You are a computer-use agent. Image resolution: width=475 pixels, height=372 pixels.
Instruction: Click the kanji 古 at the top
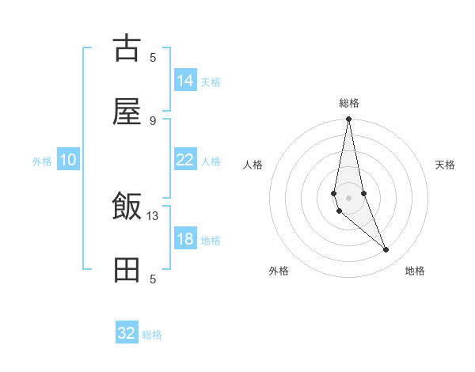point(127,49)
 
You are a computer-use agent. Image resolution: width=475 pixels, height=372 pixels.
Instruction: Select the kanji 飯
point(127,208)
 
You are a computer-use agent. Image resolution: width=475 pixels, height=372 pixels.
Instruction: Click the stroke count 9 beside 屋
point(153,120)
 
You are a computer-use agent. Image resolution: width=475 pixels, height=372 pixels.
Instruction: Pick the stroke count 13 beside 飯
point(153,215)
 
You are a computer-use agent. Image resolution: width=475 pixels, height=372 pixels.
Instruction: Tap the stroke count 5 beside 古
point(153,57)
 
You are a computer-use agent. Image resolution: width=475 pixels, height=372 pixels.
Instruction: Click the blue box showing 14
point(184,81)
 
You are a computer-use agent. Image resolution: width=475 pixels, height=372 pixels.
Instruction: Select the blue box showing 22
point(184,160)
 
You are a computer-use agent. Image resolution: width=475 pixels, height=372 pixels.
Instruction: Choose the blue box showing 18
point(184,239)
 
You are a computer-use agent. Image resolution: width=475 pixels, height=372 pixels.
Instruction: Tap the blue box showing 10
point(67,160)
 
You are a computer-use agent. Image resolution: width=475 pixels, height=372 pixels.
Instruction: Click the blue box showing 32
point(127,333)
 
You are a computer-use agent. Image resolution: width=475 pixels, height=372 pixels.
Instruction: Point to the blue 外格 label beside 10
point(42,161)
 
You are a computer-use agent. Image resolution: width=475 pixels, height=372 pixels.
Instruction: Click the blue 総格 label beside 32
point(152,335)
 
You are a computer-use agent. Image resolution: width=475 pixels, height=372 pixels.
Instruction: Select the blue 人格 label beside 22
point(211,161)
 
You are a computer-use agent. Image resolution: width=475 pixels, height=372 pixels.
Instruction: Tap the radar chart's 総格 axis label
point(349,103)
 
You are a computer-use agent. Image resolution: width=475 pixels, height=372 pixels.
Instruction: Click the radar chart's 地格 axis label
point(415,271)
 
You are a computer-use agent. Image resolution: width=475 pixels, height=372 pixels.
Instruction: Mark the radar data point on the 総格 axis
point(348,120)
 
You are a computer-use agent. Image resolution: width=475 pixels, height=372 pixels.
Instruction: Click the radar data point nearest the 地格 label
point(386,250)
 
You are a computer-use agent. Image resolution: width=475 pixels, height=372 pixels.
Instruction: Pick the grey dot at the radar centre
point(348,197)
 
